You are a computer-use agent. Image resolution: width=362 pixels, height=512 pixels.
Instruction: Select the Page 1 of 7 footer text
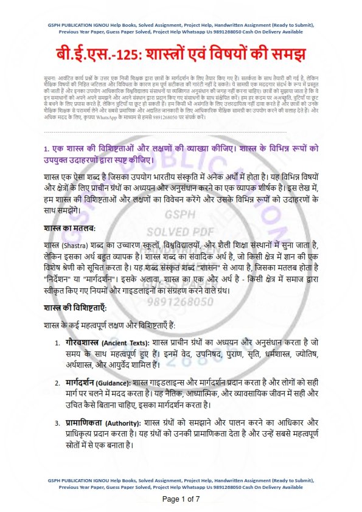click(181, 499)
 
